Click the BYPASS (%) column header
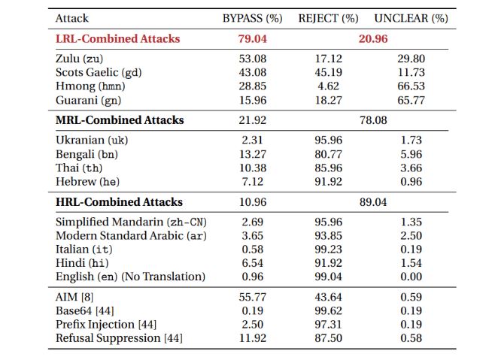coord(253,17)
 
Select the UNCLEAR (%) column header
coord(411,17)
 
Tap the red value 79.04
coord(253,38)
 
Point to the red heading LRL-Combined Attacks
coord(117,38)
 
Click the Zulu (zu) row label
coord(79,59)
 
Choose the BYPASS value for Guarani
coord(253,100)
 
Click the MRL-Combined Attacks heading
coord(120,120)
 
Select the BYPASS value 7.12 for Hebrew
coord(253,182)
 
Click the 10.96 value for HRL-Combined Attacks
coord(253,202)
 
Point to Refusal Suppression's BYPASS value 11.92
coord(253,338)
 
